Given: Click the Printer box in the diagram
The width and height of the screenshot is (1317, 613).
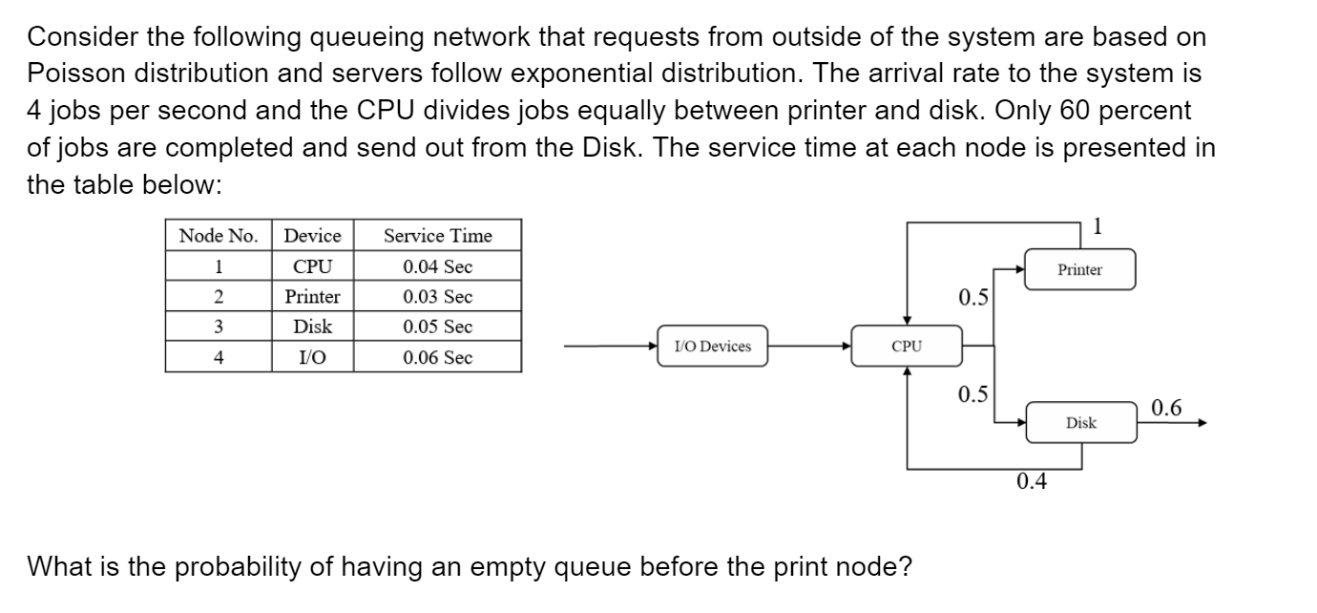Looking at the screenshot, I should click(x=1079, y=269).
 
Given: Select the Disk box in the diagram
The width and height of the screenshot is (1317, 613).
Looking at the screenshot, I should click(x=1080, y=422).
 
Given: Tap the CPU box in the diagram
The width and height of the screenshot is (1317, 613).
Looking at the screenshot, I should click(x=906, y=346).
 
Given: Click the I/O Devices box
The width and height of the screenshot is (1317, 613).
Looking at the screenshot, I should click(x=712, y=346).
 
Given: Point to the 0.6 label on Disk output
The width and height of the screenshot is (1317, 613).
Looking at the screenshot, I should click(x=1165, y=409).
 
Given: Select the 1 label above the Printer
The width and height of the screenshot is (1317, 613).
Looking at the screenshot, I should click(x=1097, y=226).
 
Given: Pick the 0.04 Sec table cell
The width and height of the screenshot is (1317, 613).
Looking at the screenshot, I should click(x=437, y=265).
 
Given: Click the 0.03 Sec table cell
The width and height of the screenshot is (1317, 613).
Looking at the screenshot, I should click(x=437, y=296).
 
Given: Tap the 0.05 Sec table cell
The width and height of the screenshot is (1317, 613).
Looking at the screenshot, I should click(x=437, y=327).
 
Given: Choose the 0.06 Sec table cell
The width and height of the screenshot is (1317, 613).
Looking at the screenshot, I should click(x=437, y=357).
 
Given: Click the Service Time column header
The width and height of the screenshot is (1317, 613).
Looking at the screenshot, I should click(x=437, y=235).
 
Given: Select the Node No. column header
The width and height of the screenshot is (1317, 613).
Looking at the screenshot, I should click(x=219, y=235).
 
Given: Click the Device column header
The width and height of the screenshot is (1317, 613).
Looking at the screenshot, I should click(x=313, y=235).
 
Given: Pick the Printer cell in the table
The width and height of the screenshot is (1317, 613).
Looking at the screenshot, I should click(x=313, y=296).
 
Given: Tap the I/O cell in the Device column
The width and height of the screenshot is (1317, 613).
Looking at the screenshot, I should click(x=313, y=357).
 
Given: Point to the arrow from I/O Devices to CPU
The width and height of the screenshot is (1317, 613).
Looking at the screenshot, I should click(x=811, y=347).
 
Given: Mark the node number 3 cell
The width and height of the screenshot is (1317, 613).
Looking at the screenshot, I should click(x=219, y=327).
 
